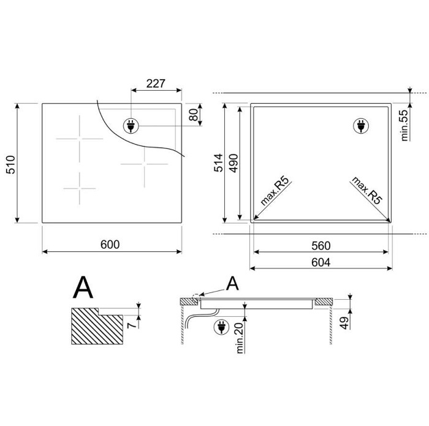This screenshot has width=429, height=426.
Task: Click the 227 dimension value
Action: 156,83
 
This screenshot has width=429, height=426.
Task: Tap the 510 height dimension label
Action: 11,165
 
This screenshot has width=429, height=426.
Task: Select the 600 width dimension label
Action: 110,245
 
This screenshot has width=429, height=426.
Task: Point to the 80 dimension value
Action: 194,115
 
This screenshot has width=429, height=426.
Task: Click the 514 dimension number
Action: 219,163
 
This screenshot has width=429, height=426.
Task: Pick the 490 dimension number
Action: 233,163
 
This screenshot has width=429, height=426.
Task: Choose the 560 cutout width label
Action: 321,246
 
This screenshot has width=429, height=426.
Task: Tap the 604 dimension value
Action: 321,262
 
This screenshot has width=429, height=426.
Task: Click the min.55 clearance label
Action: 404,126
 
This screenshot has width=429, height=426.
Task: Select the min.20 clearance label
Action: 240,338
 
